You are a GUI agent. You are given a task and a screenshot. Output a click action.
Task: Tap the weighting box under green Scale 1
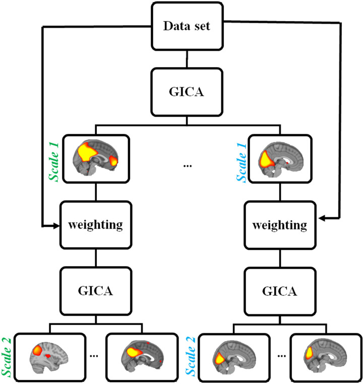[x=96, y=224]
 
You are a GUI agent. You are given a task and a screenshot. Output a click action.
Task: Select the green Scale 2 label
[x=8, y=356]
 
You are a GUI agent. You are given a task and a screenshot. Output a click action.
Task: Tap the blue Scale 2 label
[x=192, y=356]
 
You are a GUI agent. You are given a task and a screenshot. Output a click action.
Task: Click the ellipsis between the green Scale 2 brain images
[x=95, y=355]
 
